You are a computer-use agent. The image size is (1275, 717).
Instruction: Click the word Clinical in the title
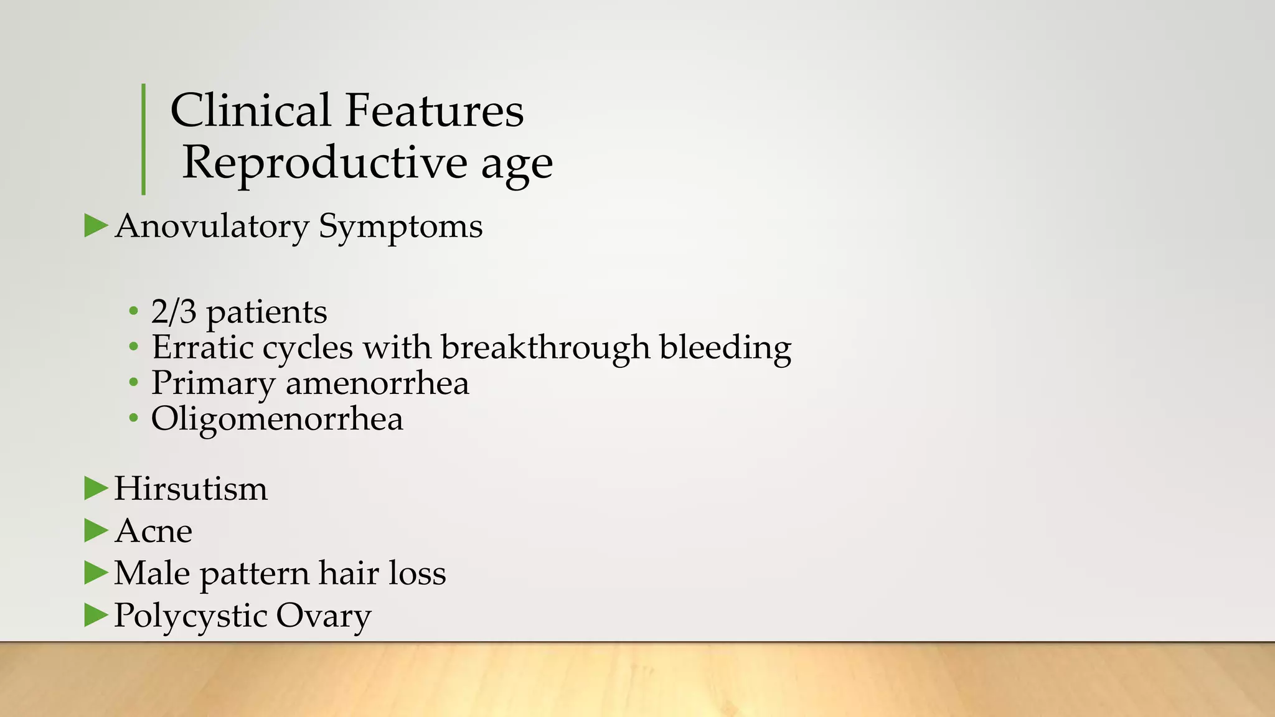coord(250,110)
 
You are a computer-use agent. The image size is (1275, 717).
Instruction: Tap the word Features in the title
coord(434,110)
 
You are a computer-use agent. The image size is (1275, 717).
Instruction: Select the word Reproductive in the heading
coord(324,163)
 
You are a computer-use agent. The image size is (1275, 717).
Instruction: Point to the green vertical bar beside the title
coord(144,139)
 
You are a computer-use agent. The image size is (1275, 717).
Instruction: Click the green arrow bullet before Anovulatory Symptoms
coord(96,225)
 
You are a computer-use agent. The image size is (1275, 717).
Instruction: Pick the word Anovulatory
coord(212,227)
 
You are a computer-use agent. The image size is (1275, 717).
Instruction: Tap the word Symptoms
coord(400,227)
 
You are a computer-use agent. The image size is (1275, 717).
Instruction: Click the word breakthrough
coord(545,347)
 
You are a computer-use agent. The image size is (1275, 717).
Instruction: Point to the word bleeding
coord(725,347)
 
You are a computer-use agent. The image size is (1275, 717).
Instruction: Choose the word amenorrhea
coord(377,383)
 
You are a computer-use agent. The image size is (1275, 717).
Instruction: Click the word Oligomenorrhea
coord(277,419)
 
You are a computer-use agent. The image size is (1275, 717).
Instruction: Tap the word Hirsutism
coord(191,489)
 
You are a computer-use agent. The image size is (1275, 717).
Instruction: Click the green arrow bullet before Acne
coord(96,530)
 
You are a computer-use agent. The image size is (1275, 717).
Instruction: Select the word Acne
coord(153,531)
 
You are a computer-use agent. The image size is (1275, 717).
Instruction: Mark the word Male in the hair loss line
coord(152,573)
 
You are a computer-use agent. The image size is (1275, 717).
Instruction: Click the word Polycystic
coord(190,616)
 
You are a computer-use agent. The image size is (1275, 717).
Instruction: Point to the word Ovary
coord(324,616)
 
